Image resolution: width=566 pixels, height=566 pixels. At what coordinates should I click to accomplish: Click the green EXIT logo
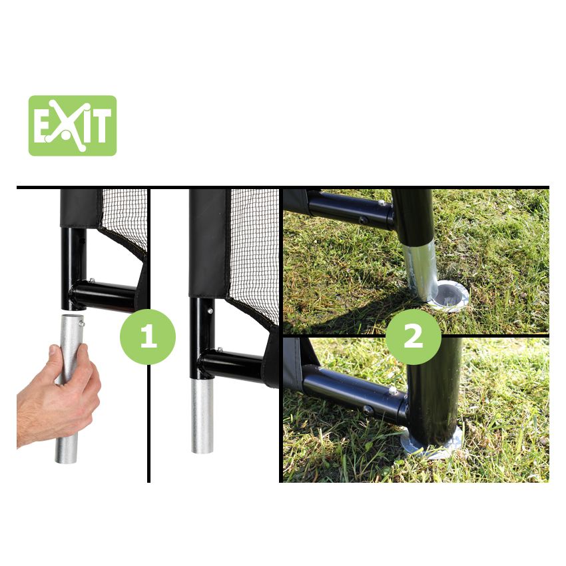click(x=73, y=126)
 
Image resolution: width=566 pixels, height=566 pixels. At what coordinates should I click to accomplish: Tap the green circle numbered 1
click(x=148, y=336)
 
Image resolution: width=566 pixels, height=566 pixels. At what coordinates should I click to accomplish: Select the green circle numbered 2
click(x=414, y=336)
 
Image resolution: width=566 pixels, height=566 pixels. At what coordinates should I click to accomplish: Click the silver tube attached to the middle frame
click(x=202, y=415)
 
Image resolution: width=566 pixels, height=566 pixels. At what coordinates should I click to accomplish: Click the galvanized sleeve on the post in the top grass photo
click(x=421, y=272)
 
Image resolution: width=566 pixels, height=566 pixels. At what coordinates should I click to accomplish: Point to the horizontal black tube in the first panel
click(x=103, y=296)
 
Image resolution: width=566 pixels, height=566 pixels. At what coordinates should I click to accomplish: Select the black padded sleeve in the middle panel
click(x=208, y=243)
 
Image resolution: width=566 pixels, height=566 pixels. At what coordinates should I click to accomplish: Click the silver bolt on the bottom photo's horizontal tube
click(x=392, y=390)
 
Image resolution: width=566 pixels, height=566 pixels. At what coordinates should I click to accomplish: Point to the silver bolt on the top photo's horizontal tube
click(x=381, y=204)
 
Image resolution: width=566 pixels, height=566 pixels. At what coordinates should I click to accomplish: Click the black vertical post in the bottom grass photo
click(x=434, y=390)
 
